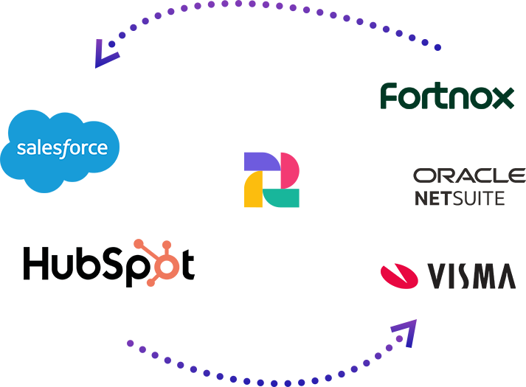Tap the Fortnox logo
pos(446,97)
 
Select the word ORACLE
pos(469,175)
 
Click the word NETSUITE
pos(460,198)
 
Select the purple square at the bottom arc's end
pos(403,332)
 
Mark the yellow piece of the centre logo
pos(255,192)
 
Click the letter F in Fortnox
pos(390,97)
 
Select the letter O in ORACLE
pos(423,175)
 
